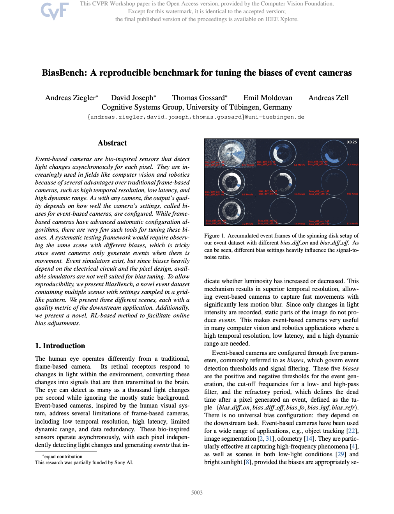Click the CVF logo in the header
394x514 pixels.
click(x=55, y=11)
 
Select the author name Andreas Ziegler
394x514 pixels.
click(x=70, y=98)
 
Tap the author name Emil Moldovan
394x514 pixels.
click(x=268, y=98)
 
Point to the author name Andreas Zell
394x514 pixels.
click(x=328, y=98)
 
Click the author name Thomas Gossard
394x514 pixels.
click(x=198, y=98)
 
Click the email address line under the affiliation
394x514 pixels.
click(x=196, y=117)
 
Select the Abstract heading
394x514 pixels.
click(x=112, y=143)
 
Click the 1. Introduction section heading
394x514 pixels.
click(x=60, y=346)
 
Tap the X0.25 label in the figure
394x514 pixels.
click(x=352, y=142)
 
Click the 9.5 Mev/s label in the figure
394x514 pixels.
click(x=299, y=165)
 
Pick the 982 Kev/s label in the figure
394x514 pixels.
click(x=352, y=194)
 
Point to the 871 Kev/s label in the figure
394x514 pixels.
click(x=352, y=223)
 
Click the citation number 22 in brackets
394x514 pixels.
click(x=352, y=431)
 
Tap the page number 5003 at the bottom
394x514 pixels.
click(x=197, y=493)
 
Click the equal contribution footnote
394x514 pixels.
click(x=63, y=457)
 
